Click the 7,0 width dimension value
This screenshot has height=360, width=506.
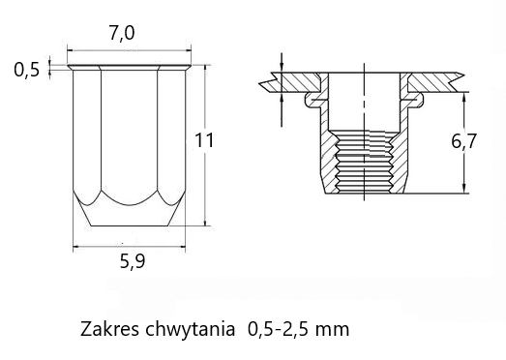tap(122, 34)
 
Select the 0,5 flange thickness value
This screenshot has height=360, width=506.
tap(26, 70)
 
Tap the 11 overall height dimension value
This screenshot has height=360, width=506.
tap(203, 140)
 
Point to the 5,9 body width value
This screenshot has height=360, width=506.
tap(133, 262)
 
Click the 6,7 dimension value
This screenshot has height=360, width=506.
tap(463, 141)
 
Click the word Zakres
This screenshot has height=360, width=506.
tap(110, 329)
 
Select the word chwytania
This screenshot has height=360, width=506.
tap(191, 330)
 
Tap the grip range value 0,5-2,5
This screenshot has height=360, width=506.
tap(278, 330)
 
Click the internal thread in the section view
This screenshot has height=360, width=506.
tap(365, 162)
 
